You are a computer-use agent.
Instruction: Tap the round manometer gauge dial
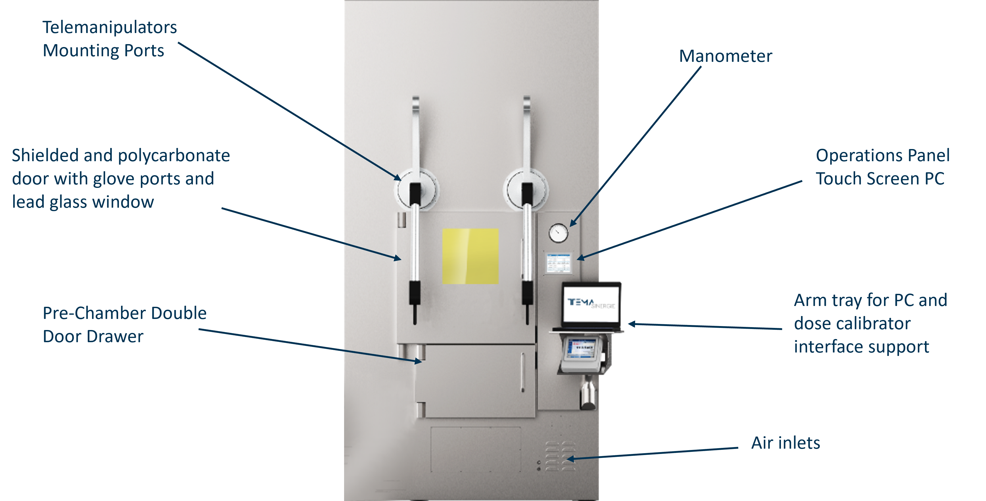point(558,233)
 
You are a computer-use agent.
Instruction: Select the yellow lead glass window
point(470,256)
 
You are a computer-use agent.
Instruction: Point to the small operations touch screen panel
point(558,263)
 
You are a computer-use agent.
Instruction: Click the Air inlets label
point(785,443)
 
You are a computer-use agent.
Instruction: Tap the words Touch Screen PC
point(880,179)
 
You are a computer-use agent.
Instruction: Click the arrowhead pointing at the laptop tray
point(632,324)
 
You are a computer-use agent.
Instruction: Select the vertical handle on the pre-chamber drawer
point(523,372)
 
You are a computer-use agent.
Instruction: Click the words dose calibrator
point(852,323)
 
